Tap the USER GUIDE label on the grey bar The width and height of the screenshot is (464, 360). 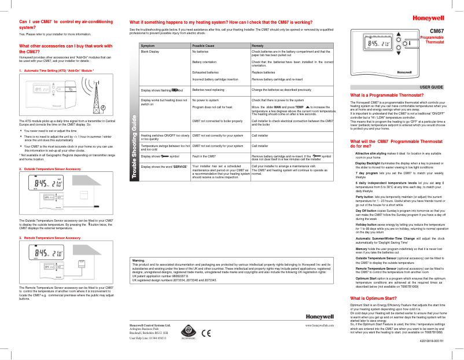coord(431,87)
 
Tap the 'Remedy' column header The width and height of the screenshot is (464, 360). coord(258,45)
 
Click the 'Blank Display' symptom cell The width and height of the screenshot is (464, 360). coord(150,52)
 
